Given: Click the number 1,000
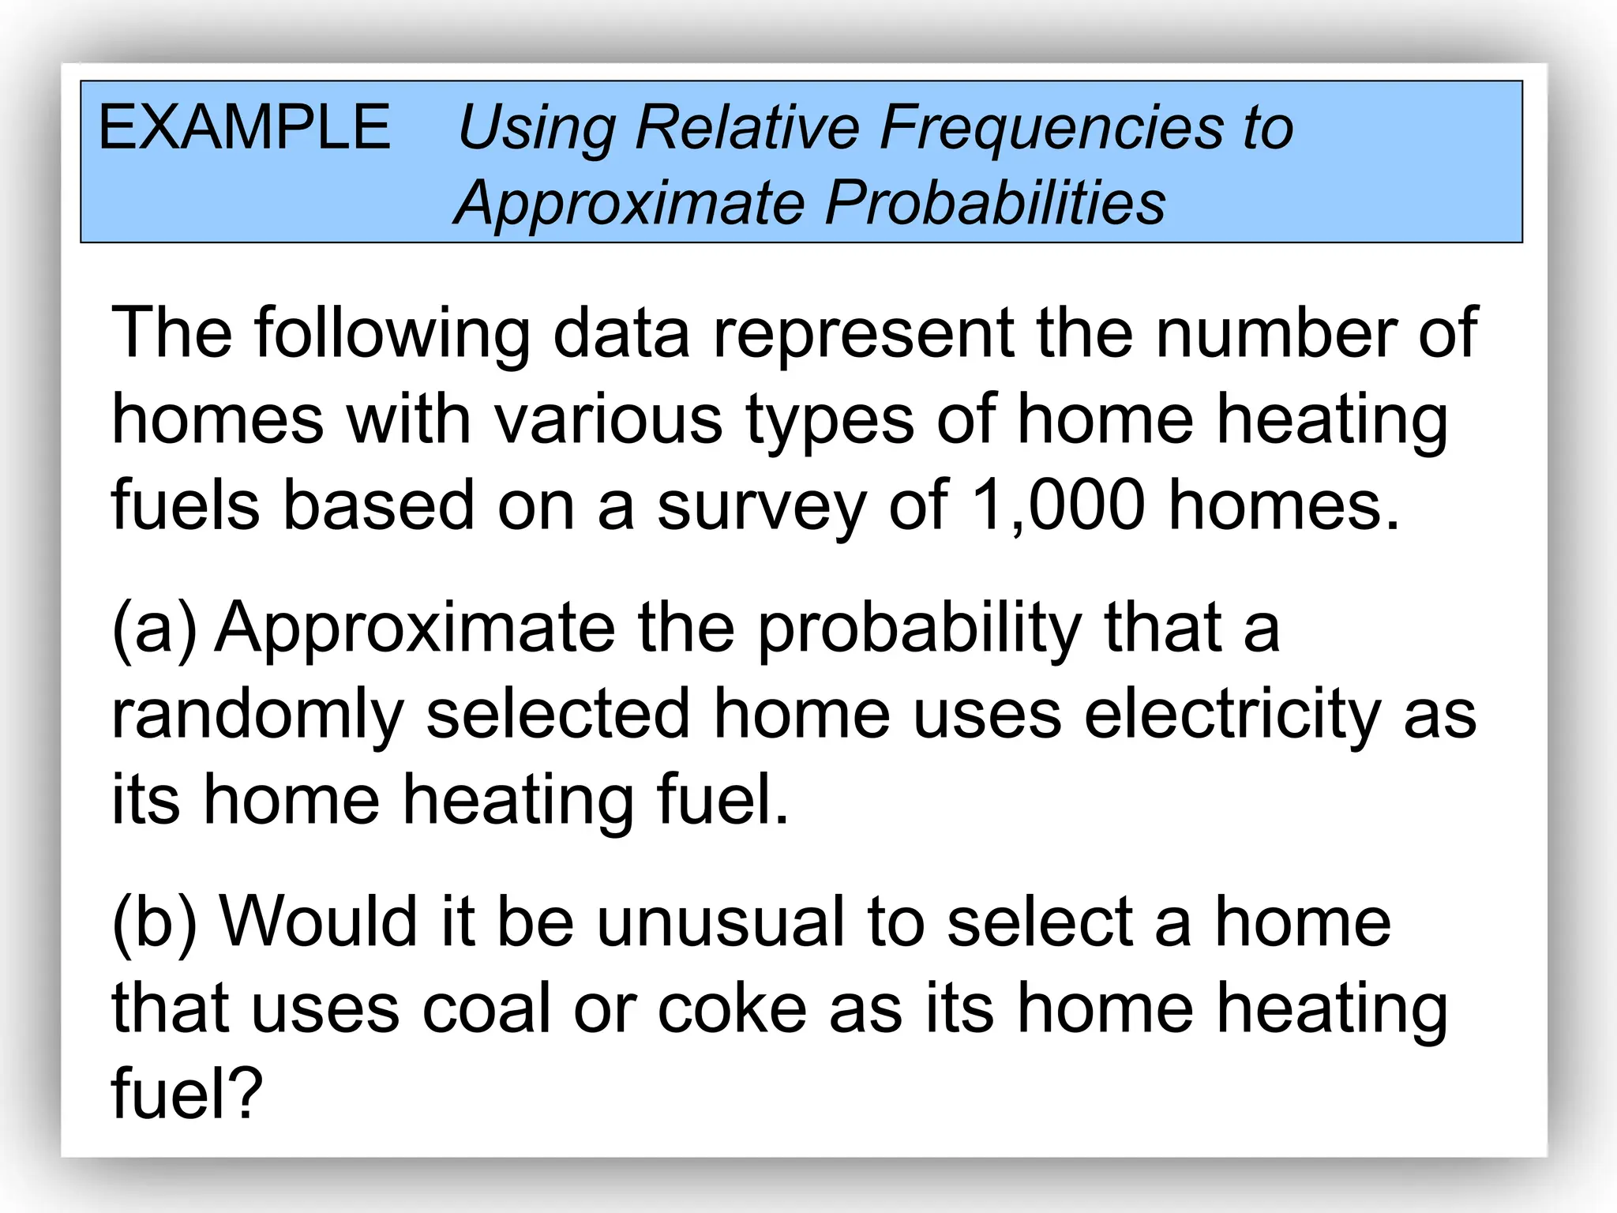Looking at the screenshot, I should coord(1058,505).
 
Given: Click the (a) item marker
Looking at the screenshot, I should coord(155,629).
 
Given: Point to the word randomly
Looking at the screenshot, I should coord(257,715).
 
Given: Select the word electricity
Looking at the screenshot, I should coord(1232,715).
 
